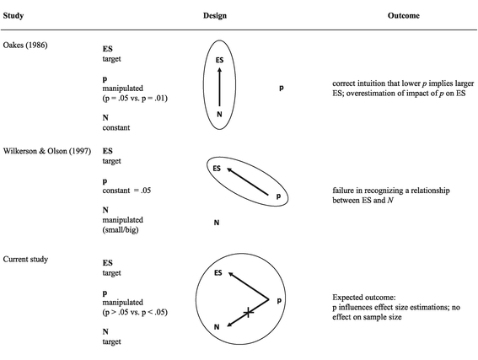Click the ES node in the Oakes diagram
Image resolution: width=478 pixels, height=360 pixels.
click(218, 61)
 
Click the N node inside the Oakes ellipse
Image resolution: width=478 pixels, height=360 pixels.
click(219, 116)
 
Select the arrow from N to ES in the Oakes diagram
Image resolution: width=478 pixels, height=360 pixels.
click(219, 89)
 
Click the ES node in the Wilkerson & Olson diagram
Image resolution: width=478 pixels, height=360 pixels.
click(216, 169)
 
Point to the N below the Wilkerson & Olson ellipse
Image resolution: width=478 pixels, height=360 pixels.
click(217, 223)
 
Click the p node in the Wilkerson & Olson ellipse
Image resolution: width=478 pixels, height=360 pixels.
click(277, 196)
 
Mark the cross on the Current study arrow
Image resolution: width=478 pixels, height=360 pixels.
click(247, 314)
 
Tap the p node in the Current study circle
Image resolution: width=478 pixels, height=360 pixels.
click(279, 300)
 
